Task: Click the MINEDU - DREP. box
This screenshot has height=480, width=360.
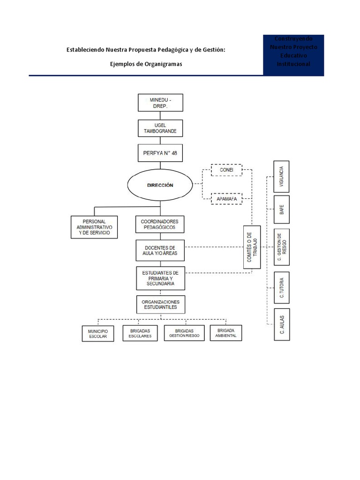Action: coord(160,103)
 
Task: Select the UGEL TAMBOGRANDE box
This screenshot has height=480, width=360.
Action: coord(160,128)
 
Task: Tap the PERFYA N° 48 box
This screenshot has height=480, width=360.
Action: coord(160,153)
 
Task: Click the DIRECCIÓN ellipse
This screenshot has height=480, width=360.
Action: coord(160,185)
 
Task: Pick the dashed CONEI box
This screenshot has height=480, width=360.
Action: coord(226,170)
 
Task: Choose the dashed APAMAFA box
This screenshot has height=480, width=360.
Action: coord(226,199)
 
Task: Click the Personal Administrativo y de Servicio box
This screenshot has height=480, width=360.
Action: coord(94,227)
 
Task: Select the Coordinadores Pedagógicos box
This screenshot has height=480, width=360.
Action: coord(160,224)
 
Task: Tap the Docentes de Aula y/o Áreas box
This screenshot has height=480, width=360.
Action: coord(160,250)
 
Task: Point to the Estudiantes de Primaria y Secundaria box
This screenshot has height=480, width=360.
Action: coord(160,278)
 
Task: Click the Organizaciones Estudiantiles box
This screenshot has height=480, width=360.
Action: coord(160,304)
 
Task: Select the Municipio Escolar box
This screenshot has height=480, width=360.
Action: coord(97,333)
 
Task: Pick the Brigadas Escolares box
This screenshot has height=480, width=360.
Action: coord(140,333)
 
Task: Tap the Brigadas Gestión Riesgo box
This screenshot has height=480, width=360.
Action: coord(184,333)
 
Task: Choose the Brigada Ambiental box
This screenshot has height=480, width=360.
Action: coord(226,332)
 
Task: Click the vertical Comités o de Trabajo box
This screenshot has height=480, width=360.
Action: coord(252,247)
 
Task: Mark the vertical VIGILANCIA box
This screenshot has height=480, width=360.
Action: coord(281,176)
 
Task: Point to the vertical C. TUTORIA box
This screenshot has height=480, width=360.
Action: coord(281,287)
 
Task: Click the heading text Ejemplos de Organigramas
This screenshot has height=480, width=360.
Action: coord(146,64)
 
